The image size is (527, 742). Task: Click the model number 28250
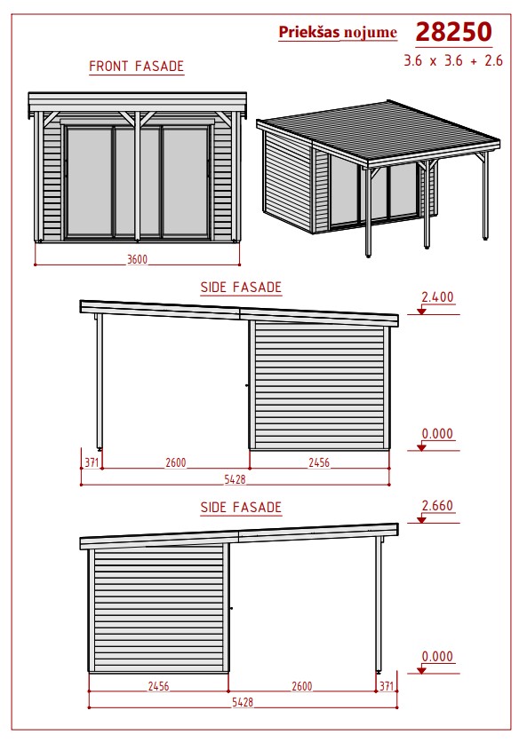(453, 32)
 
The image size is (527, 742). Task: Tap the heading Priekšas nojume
(338, 32)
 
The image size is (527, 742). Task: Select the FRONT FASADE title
(137, 67)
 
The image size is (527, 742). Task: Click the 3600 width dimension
(137, 259)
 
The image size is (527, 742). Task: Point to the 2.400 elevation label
(437, 297)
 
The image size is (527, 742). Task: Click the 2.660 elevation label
(437, 505)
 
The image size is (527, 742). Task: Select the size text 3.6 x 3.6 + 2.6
(453, 60)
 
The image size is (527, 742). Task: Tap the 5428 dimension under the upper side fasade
(236, 479)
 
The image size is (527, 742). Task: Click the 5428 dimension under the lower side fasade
(243, 702)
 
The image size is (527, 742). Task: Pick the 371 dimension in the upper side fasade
(92, 462)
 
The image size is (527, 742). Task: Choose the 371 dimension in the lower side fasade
(387, 686)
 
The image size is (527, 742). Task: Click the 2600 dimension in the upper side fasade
(175, 462)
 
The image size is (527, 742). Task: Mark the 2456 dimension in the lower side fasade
(158, 686)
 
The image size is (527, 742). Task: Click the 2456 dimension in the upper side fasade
(319, 462)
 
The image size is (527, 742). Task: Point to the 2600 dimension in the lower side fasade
(302, 686)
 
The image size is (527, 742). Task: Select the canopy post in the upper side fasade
(100, 382)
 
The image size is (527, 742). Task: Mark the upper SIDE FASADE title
(241, 288)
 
